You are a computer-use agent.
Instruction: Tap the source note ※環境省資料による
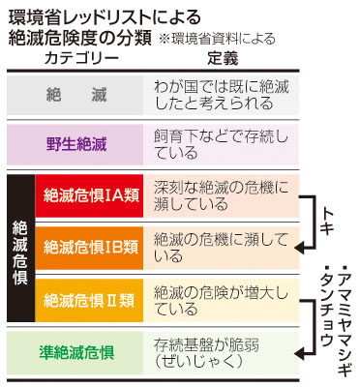[x=219, y=40]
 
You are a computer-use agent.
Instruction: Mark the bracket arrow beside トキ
[x=312, y=222]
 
